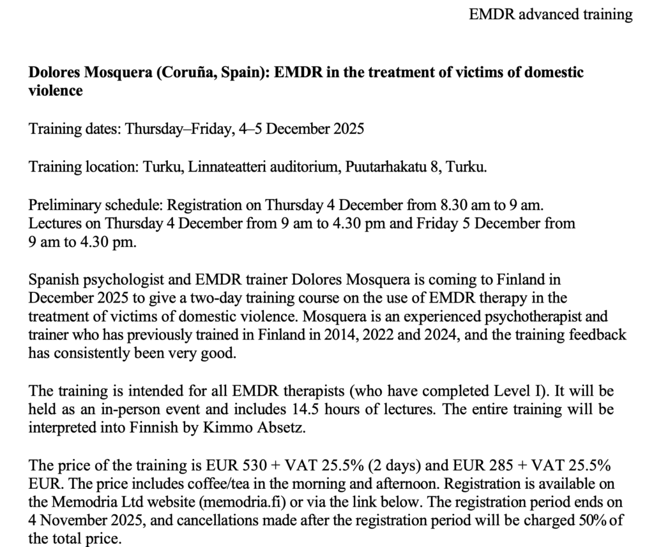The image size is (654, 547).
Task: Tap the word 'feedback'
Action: click(x=598, y=334)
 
